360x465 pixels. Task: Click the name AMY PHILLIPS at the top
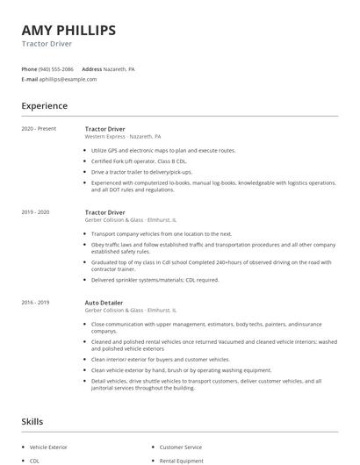pyautogui.click(x=68, y=31)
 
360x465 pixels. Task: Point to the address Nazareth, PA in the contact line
pyautogui.click(x=119, y=68)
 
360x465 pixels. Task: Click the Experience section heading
pyautogui.click(x=45, y=106)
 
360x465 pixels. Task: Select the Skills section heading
pyautogui.click(x=32, y=422)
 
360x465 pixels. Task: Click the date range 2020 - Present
pyautogui.click(x=38, y=129)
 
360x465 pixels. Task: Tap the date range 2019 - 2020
pyautogui.click(x=36, y=212)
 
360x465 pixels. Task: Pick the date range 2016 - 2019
pyautogui.click(x=36, y=303)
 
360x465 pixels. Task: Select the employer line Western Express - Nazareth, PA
pyautogui.click(x=123, y=137)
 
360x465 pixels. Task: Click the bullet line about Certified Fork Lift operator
pyautogui.click(x=140, y=161)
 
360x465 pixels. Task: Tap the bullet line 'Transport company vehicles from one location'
pyautogui.click(x=162, y=234)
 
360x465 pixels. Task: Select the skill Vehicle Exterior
pyautogui.click(x=50, y=447)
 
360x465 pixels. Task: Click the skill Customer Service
pyautogui.click(x=180, y=447)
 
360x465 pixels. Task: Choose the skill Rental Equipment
pyautogui.click(x=180, y=460)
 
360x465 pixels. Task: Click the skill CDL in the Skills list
pyautogui.click(x=35, y=460)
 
